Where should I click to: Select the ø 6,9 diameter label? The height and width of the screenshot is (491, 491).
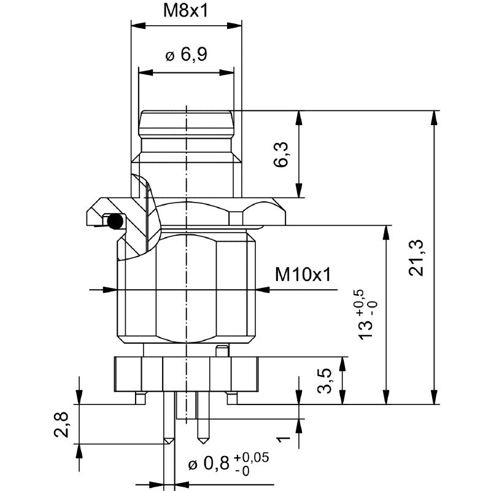tap(186, 55)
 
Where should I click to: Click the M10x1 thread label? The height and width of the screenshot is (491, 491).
tap(303, 274)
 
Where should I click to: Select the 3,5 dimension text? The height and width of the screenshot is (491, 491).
tap(326, 381)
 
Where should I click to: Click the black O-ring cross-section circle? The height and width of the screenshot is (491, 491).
tap(114, 221)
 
